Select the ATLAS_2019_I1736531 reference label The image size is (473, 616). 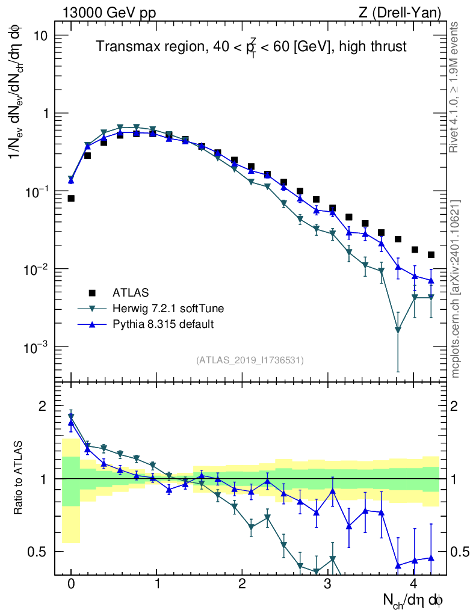pos(250,360)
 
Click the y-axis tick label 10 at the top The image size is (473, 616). pos(39,35)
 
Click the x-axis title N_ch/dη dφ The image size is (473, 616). pos(413,600)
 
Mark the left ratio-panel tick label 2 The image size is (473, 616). pos(42,406)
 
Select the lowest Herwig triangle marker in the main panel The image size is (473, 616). pos(398,330)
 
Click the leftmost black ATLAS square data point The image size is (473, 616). pos(71,198)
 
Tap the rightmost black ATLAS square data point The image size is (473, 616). pos(431,254)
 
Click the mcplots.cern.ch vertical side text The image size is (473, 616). pos(455,289)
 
